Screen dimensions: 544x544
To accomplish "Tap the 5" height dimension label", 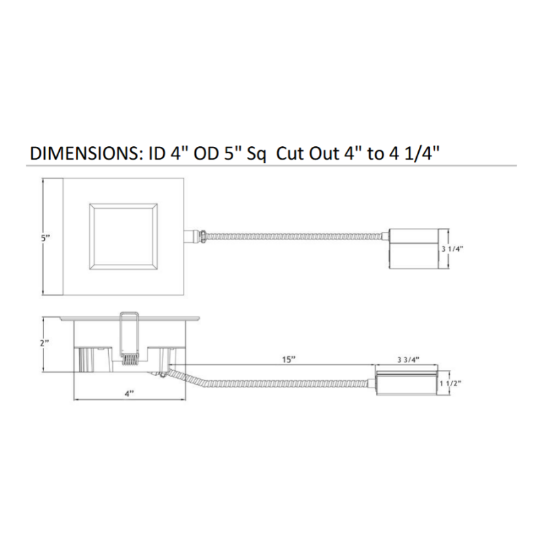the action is point(46,239).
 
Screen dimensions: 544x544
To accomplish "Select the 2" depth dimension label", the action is point(45,343).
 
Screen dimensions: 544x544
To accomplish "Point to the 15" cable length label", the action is point(288,360).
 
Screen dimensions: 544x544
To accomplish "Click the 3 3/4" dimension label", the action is point(408,360).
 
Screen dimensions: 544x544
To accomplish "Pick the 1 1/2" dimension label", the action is point(451,384).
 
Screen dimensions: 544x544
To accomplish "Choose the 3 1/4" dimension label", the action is point(452,249).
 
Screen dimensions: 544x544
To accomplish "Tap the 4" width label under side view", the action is point(129,394).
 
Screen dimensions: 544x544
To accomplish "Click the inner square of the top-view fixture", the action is point(123,237).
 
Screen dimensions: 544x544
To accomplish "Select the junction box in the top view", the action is point(413,248).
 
